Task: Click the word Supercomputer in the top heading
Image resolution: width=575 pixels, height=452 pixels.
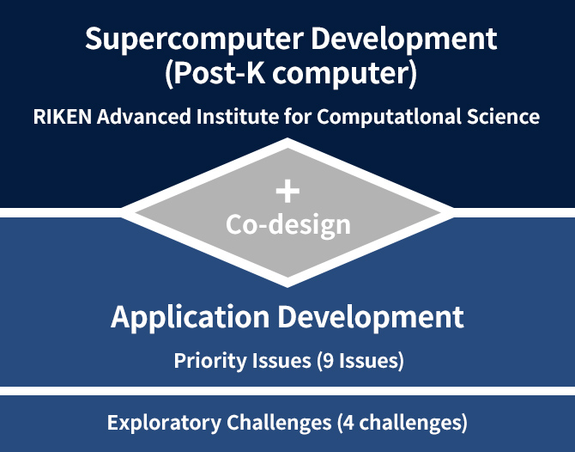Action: coord(194,40)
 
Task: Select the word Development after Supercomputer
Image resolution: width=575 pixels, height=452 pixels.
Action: coord(404,39)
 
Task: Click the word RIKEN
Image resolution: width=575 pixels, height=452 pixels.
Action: coord(63,117)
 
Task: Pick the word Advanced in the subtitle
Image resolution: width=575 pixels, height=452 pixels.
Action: coord(144,116)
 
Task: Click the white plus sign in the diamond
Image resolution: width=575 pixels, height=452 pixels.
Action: coord(287,191)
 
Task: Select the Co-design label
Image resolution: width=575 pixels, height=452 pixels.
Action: coord(287,225)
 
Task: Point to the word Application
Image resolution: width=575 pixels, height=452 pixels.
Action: coord(191,318)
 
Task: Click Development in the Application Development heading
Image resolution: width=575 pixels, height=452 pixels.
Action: coord(371,316)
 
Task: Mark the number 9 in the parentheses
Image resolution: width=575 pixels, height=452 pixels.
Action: coord(329,361)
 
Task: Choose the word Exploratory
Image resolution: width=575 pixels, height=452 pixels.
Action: coord(164,423)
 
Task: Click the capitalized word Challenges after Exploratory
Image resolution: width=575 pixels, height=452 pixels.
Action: coord(279,423)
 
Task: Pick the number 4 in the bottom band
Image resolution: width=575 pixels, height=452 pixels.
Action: coord(349,423)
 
